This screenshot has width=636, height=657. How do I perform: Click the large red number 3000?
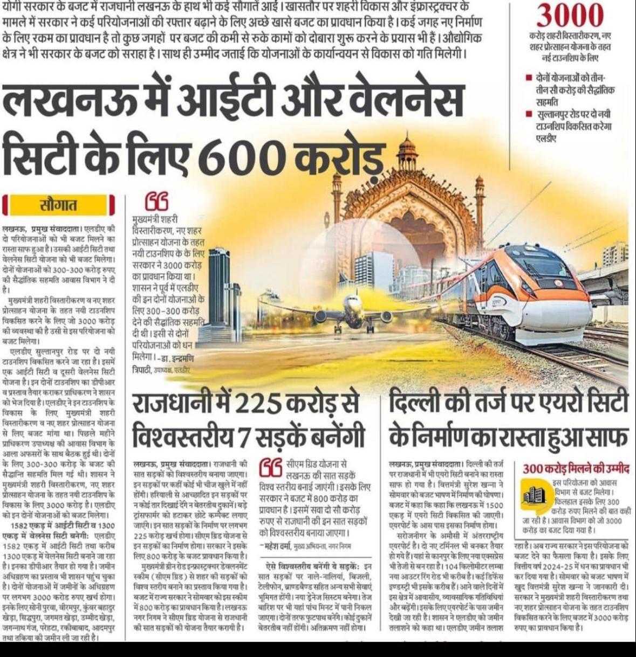571,16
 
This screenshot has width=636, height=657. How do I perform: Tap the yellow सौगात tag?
59,205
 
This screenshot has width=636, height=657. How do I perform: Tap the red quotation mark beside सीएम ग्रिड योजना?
270,469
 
